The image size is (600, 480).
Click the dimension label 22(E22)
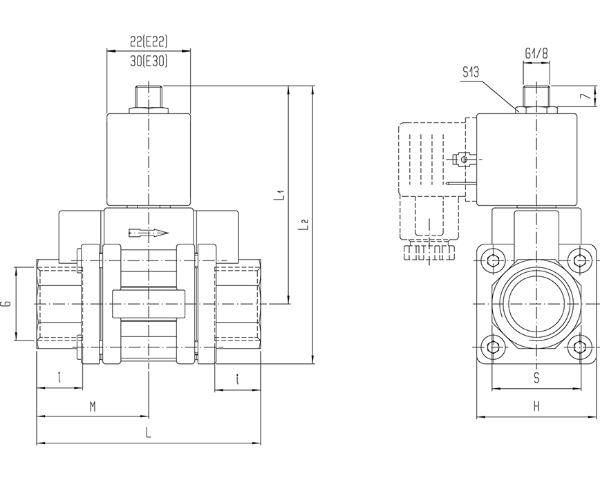pyautogui.click(x=149, y=41)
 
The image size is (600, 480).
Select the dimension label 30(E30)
pyautogui.click(x=149, y=61)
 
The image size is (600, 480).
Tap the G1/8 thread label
pyautogui.click(x=536, y=52)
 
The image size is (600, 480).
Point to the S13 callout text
pyautogui.click(x=473, y=72)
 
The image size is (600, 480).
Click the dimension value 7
pyautogui.click(x=584, y=96)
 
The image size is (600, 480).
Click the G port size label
pyautogui.click(x=7, y=303)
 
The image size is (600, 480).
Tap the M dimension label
pyautogui.click(x=93, y=407)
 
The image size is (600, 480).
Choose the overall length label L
pyautogui.click(x=148, y=433)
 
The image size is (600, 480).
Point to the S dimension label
pyautogui.click(x=536, y=378)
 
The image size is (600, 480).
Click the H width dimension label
pyautogui.click(x=536, y=407)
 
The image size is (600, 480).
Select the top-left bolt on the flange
pyautogui.click(x=492, y=260)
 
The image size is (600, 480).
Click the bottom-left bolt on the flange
pyautogui.click(x=492, y=347)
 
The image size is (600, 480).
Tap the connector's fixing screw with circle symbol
pyautogui.click(x=464, y=160)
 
